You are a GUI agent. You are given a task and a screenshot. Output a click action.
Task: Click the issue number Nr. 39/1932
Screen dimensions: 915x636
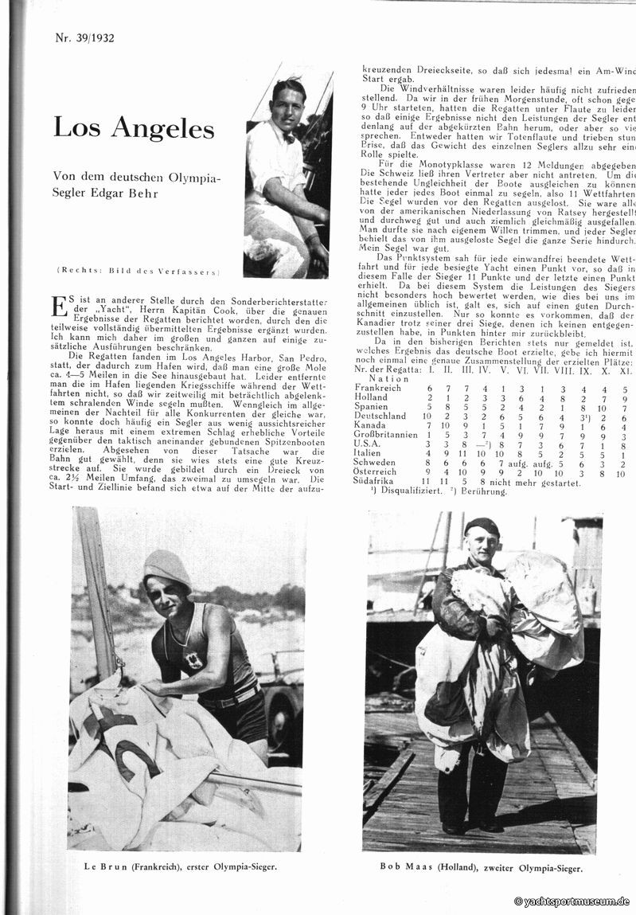point(85,37)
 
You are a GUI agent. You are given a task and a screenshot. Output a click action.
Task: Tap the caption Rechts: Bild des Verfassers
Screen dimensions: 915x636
point(139,272)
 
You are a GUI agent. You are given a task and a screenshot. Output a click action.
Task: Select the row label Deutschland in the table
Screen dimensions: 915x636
point(380,416)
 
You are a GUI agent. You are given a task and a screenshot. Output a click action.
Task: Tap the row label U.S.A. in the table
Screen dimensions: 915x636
point(368,444)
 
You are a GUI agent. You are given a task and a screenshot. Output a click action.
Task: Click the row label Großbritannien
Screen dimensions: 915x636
point(386,435)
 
